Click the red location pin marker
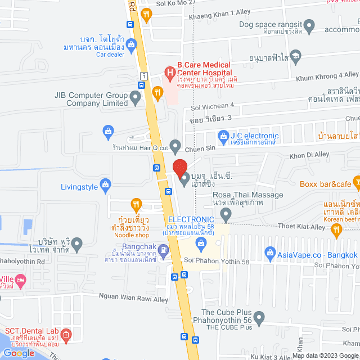[179, 168]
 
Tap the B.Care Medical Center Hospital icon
[168, 71]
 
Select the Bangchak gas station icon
[163, 249]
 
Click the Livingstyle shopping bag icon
[105, 184]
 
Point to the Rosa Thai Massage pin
[226, 214]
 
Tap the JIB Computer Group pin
[135, 98]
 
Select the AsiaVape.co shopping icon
[269, 254]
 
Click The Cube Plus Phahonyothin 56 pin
[259, 318]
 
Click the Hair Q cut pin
[175, 147]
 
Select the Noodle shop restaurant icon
[136, 204]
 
